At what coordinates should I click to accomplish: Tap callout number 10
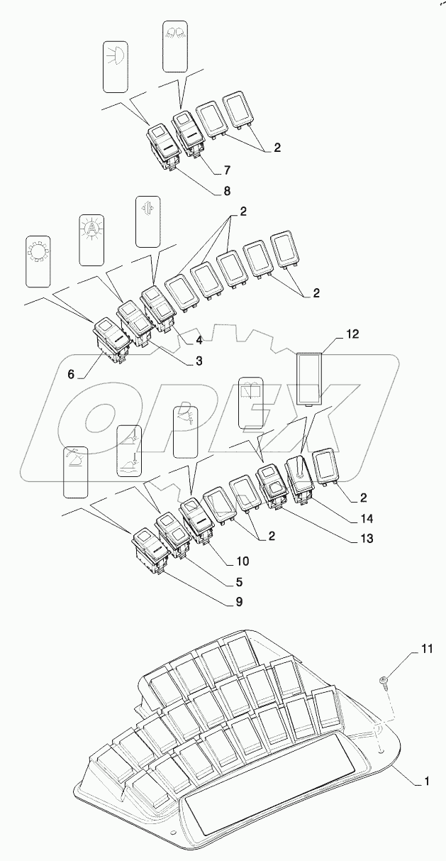click(x=243, y=561)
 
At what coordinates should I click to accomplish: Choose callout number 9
click(x=239, y=603)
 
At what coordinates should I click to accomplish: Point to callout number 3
click(x=199, y=361)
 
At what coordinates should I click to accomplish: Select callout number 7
click(x=227, y=172)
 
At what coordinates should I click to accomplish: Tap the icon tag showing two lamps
click(x=174, y=45)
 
